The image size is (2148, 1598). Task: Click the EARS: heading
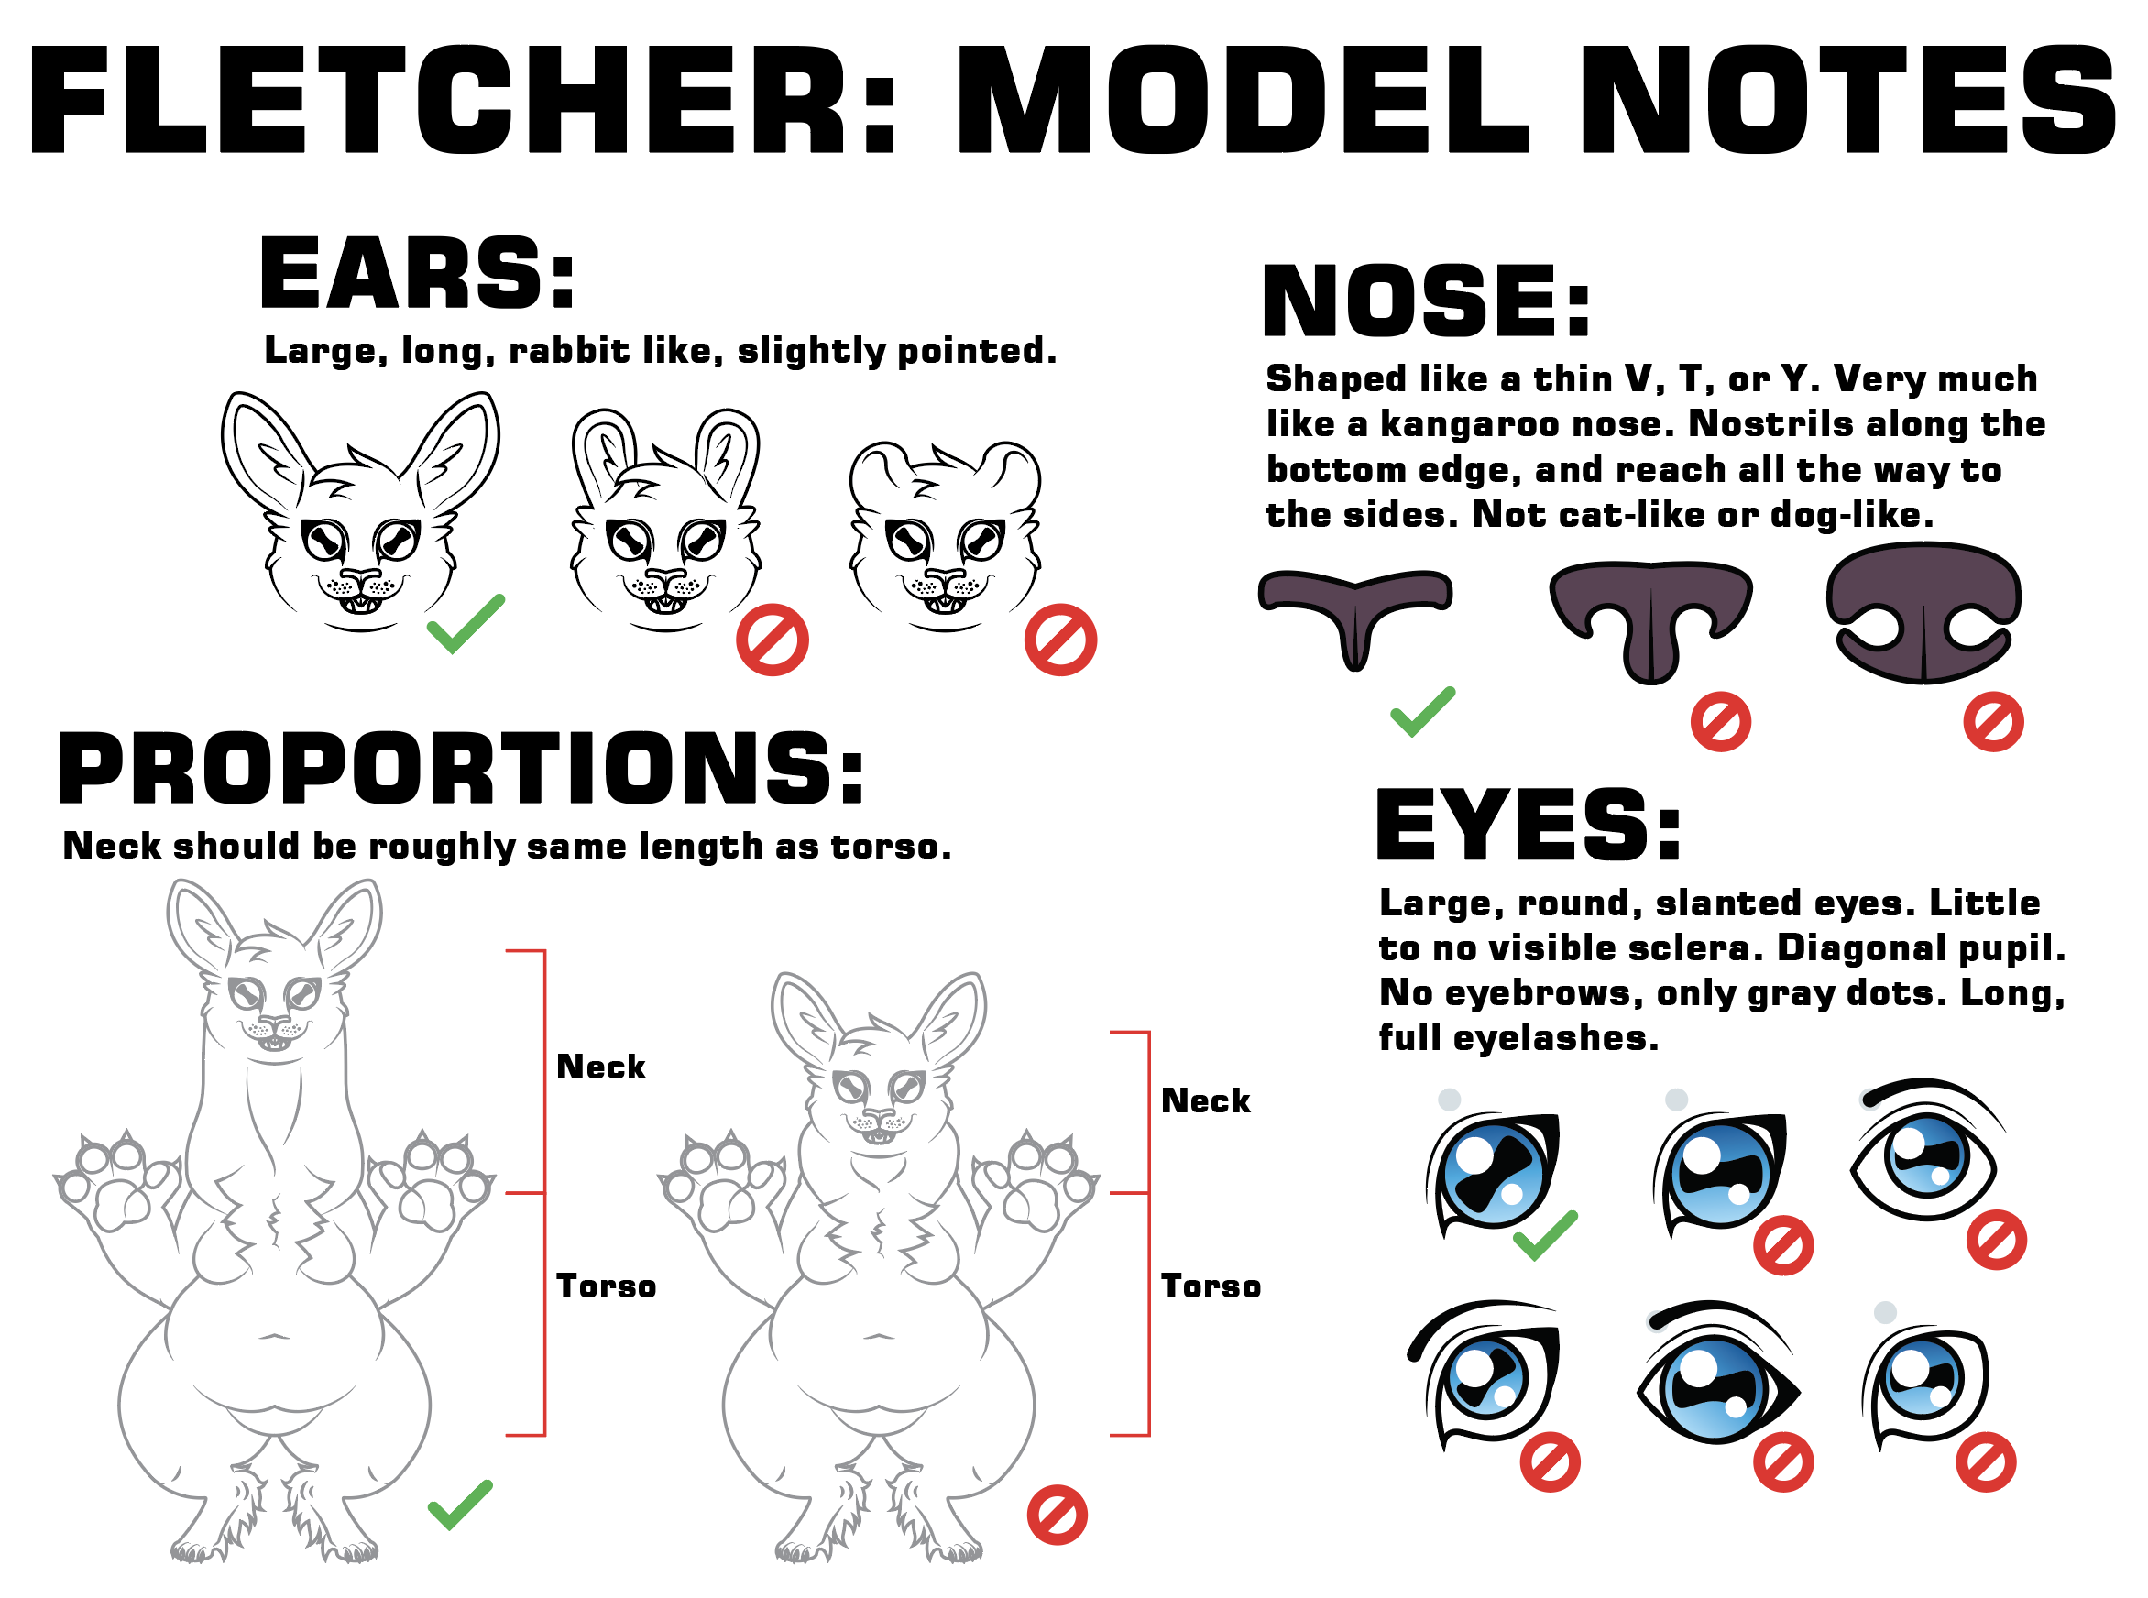[x=418, y=273]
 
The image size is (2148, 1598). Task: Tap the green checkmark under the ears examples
[x=466, y=623]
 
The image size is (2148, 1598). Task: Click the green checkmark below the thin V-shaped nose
[x=1422, y=711]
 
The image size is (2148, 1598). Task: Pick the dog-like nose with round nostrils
[x=1923, y=612]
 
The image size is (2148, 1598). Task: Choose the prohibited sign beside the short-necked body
[x=1058, y=1515]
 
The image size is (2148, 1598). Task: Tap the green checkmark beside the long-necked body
[x=460, y=1505]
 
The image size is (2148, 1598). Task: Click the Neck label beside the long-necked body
[x=600, y=1067]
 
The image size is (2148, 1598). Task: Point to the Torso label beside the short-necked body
[x=1211, y=1286]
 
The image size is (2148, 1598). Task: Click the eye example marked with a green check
[x=1492, y=1174]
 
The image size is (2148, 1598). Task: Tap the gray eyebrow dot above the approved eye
[x=1449, y=1099]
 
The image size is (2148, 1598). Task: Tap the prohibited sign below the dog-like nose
[x=1993, y=722]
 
